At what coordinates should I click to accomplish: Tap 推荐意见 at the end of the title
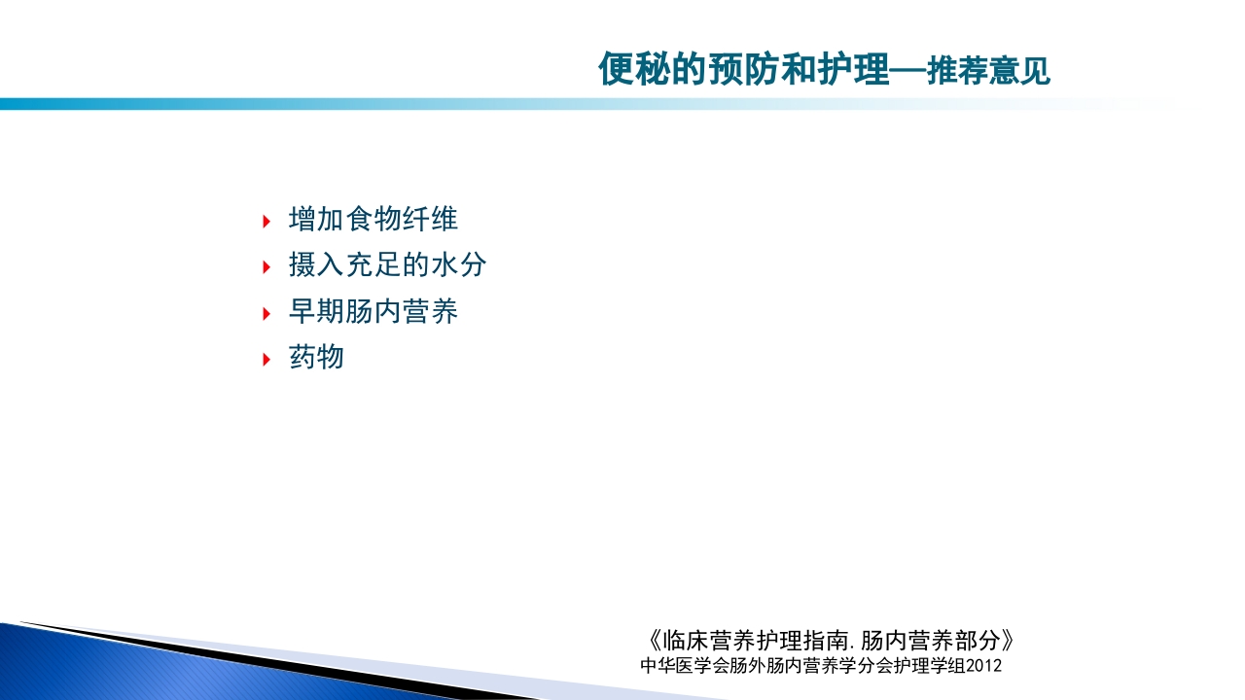[x=988, y=72]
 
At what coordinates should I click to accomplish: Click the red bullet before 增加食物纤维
[x=267, y=221]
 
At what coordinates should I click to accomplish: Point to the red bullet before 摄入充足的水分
[x=267, y=266]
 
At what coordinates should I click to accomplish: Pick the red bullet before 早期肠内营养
[x=267, y=313]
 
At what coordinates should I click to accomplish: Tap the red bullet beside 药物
[x=267, y=359]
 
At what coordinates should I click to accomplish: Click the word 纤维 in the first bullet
[x=430, y=220]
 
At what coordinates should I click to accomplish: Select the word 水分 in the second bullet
[x=458, y=265]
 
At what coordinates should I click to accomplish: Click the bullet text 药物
[x=316, y=358]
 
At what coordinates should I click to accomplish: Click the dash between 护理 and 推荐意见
[x=908, y=72]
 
